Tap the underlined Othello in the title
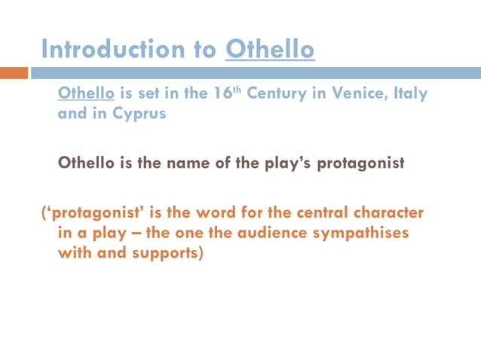tap(270, 49)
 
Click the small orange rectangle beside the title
tap(14, 73)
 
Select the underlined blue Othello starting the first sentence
tap(86, 95)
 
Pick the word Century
tap(286, 95)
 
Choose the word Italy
tap(409, 95)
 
